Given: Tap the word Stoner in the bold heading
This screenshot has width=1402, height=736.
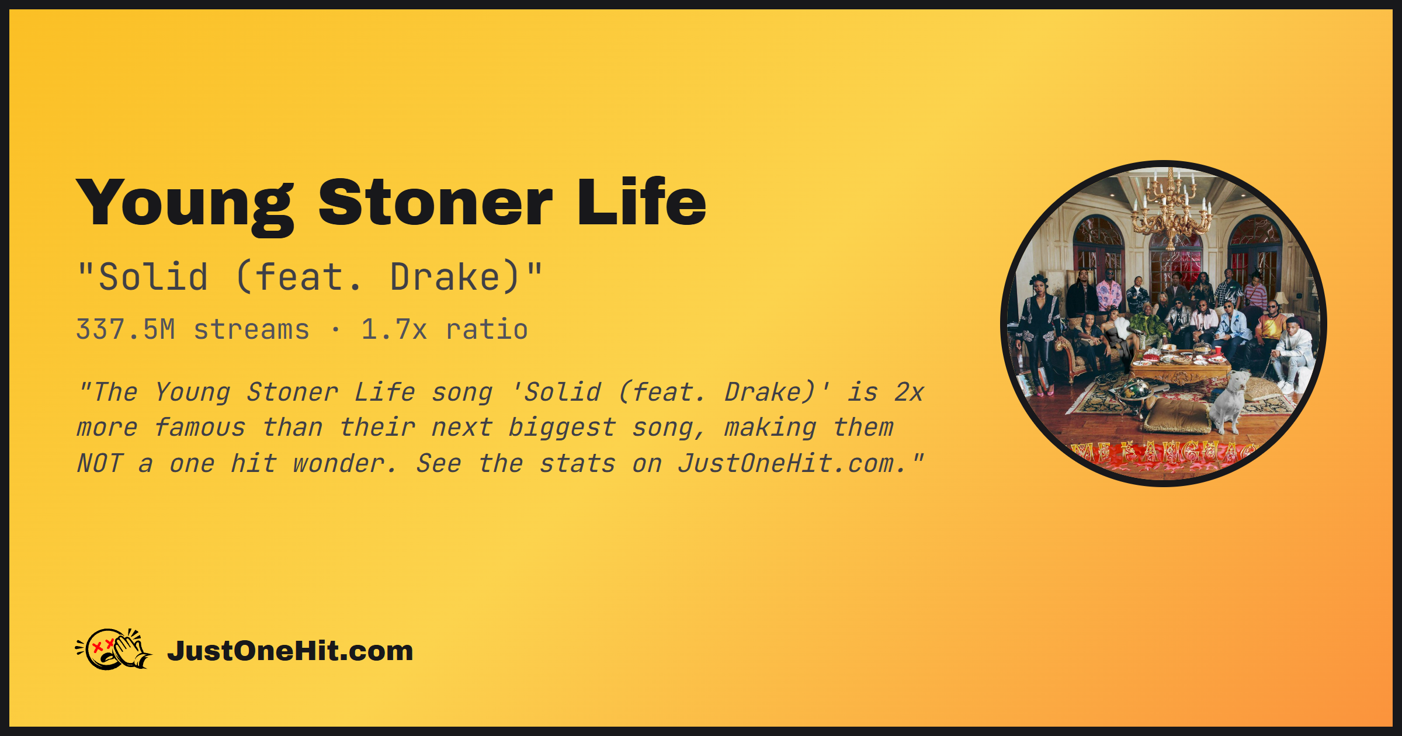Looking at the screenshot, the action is [x=435, y=202].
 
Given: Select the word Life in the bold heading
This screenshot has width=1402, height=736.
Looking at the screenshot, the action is [x=641, y=201].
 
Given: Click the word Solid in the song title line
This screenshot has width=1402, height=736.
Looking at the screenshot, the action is [x=153, y=277].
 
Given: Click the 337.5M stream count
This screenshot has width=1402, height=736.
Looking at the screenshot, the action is [x=126, y=329].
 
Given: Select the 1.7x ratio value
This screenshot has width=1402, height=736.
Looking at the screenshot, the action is [x=394, y=329].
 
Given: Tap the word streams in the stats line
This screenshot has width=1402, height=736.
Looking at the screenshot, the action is [x=251, y=329].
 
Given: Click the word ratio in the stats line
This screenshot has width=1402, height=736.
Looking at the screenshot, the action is [x=487, y=329].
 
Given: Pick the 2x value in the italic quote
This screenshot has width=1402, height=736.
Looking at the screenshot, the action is [x=909, y=392].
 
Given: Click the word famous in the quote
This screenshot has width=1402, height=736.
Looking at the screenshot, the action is [x=200, y=428].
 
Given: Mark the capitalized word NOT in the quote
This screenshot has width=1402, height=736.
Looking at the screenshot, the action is [x=100, y=464].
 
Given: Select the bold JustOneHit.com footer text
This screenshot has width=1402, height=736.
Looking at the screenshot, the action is [x=290, y=651].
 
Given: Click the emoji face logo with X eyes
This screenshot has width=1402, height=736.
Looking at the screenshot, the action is [x=114, y=649].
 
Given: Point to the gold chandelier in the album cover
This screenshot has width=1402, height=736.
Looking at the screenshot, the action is [x=1171, y=207].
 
